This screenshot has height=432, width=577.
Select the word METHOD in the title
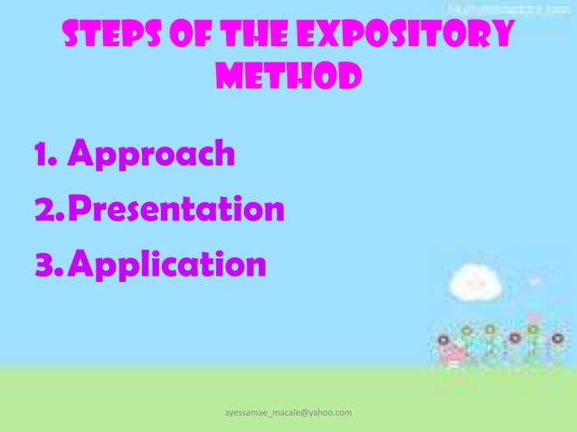coord(288,77)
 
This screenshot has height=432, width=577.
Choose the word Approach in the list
coord(151,155)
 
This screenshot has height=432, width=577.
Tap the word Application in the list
coord(167,266)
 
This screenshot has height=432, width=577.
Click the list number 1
coord(42,155)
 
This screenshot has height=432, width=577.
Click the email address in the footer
coord(288,412)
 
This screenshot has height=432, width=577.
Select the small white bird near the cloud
coord(535,281)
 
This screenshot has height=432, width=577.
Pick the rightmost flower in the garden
coord(557,336)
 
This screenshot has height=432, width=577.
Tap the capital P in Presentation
coord(79,211)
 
